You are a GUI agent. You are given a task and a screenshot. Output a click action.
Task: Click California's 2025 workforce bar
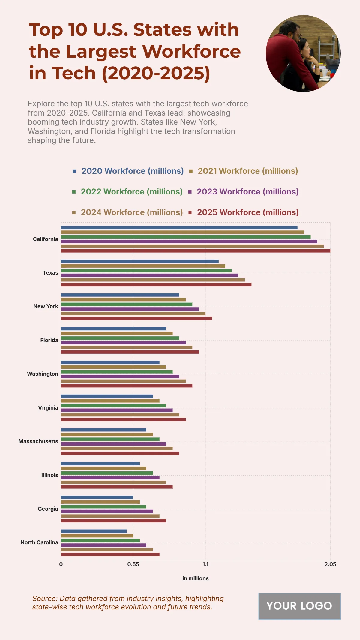tap(195, 251)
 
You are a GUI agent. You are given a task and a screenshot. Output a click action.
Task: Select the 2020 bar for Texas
tap(139, 261)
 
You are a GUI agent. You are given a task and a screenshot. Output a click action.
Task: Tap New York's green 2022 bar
tap(126, 304)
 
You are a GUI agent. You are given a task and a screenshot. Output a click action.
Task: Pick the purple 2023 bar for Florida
tap(123, 343)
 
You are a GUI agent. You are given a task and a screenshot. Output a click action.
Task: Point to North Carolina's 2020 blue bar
tap(94, 531)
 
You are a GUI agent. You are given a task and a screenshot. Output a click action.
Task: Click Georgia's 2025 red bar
tap(113, 521)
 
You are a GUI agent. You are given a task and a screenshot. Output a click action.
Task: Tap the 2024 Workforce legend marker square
tap(74, 212)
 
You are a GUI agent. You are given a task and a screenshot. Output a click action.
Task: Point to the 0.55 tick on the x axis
tap(133, 564)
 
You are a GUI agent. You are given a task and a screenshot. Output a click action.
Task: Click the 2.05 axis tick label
tap(330, 564)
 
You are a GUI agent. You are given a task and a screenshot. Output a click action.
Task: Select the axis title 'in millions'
tap(195, 578)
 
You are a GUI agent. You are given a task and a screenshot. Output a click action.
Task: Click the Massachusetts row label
tap(38, 441)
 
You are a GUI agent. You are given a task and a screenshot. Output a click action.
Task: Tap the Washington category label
tap(43, 374)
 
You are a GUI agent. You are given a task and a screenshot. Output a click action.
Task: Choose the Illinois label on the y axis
tap(49, 475)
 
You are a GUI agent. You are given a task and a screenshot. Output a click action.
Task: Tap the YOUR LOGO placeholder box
tap(299, 606)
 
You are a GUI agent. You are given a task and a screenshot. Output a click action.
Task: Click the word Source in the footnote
tap(45, 599)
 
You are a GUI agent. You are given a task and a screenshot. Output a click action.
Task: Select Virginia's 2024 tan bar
tap(120, 415)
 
